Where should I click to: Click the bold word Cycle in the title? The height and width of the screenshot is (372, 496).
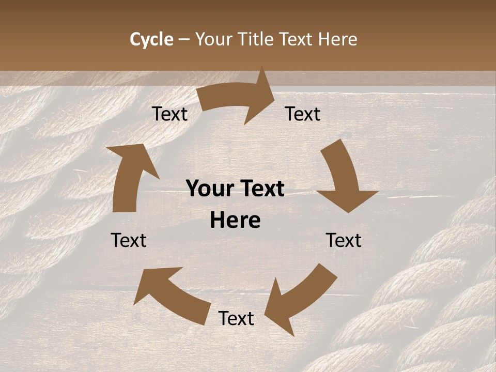151,39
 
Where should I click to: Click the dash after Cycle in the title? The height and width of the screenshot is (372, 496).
184,39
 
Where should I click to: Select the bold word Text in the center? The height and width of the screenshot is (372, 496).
261,189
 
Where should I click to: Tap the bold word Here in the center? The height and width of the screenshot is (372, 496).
235,221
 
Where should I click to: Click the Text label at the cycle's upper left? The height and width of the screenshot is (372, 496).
169,114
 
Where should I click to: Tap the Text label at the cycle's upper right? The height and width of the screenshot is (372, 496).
303,114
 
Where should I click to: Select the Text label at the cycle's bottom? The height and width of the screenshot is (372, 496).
236,319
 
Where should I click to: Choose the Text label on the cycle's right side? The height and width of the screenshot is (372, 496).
344,241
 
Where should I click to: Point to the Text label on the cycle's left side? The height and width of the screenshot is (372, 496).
129,241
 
